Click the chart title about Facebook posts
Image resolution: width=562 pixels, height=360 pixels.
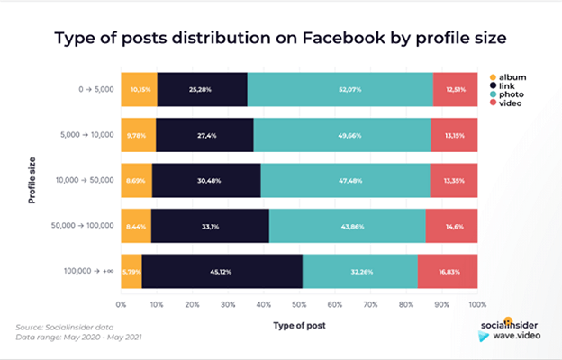pyautogui.click(x=280, y=39)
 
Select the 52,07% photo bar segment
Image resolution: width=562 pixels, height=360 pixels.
pyautogui.click(x=340, y=89)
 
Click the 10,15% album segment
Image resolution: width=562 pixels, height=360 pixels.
pyautogui.click(x=139, y=89)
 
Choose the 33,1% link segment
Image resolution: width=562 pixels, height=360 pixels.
pyautogui.click(x=210, y=226)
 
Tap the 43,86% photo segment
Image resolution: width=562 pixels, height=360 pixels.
pyautogui.click(x=347, y=226)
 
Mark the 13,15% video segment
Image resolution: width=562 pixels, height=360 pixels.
pyautogui.click(x=454, y=134)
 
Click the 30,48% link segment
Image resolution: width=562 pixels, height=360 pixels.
pyautogui.click(x=206, y=180)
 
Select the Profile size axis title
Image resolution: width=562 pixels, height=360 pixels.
pyautogui.click(x=32, y=178)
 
